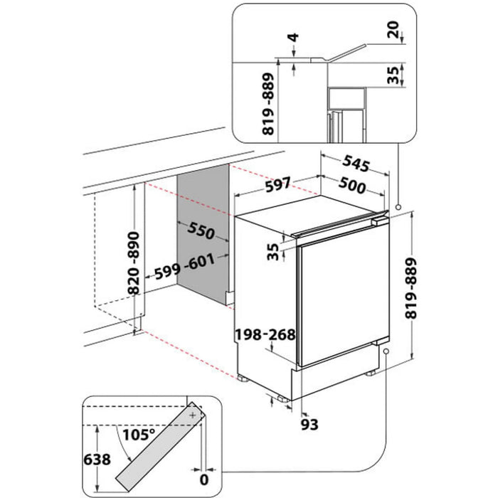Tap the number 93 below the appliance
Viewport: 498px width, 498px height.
point(307,425)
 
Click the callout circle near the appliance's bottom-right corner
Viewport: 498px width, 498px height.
point(385,351)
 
